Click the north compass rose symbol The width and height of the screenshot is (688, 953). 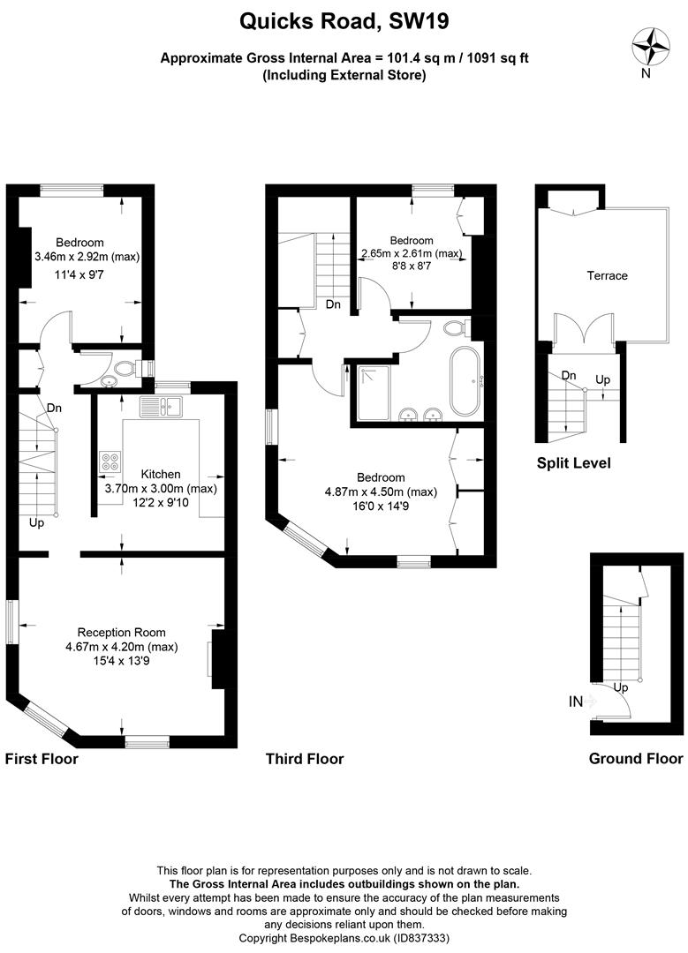tap(652, 46)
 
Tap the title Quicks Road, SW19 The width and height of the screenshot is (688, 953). tap(344, 22)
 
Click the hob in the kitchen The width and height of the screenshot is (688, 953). tap(110, 462)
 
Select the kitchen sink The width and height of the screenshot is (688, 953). tap(162, 407)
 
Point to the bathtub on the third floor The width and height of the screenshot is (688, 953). tap(465, 382)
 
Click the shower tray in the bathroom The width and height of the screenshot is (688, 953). tap(374, 393)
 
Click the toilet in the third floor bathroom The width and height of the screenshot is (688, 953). tap(457, 329)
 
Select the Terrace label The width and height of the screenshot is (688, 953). tap(607, 276)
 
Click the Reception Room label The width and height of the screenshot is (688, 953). tap(122, 633)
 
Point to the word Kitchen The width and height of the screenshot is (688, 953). tap(161, 474)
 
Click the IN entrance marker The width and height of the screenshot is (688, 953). tap(576, 702)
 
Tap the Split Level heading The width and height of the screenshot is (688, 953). tap(574, 463)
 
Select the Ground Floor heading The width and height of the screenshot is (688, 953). tap(636, 759)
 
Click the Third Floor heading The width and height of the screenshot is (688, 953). tap(305, 759)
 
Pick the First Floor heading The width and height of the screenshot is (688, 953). tap(42, 759)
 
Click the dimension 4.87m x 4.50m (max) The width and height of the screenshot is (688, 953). tap(381, 492)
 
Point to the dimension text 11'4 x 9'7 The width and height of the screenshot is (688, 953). tap(79, 274)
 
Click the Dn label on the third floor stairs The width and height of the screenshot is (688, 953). tap(333, 304)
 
